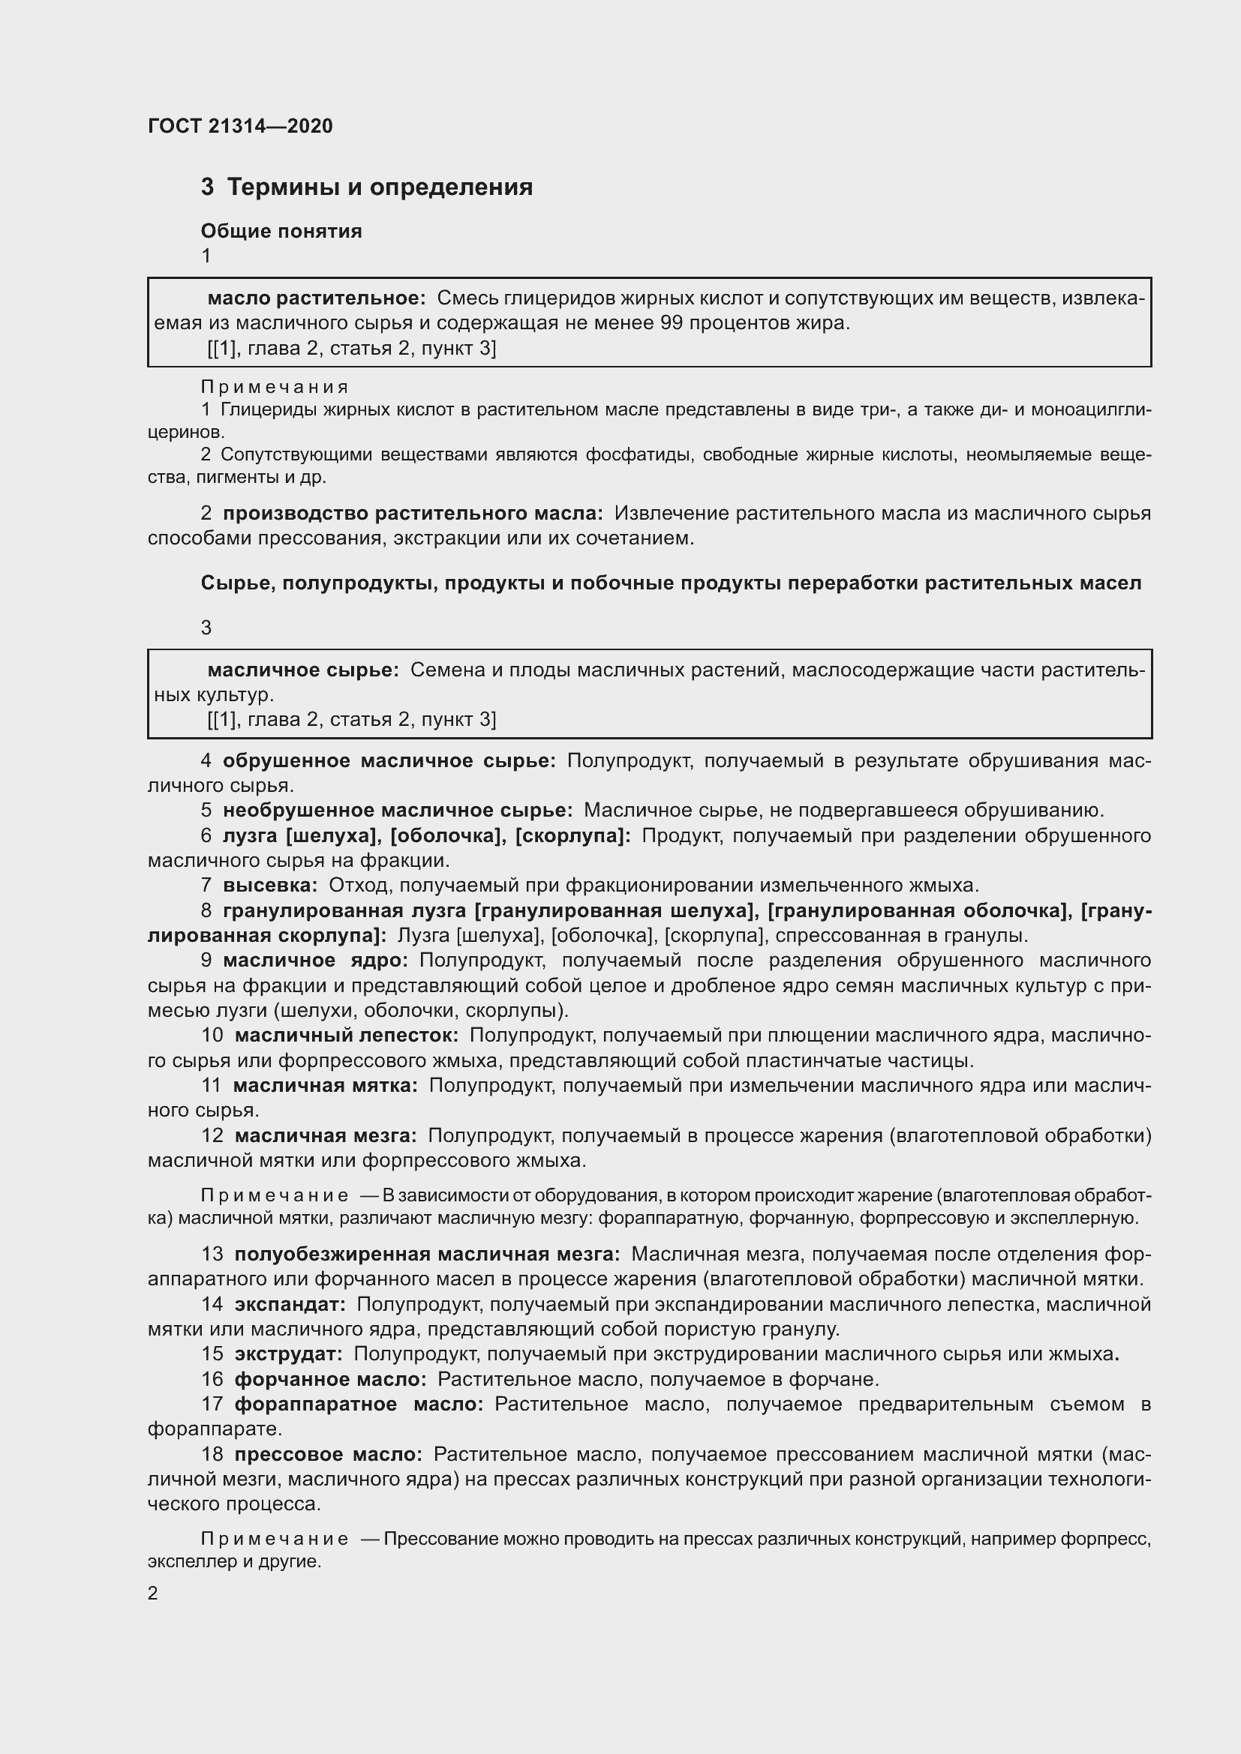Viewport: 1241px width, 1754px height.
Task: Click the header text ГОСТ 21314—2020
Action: coord(240,127)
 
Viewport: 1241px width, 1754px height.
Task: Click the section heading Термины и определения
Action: coord(379,187)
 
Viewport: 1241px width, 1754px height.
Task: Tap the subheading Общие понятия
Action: coord(281,231)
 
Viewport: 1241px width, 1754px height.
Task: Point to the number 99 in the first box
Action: coord(671,323)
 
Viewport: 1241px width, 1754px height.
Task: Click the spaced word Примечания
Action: coord(275,386)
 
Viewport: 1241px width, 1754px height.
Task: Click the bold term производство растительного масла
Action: coord(413,514)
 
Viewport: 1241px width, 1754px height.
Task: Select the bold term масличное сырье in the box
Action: coord(303,670)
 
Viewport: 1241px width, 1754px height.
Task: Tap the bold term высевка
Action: coord(270,886)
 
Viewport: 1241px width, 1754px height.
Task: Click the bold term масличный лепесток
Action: coord(346,1035)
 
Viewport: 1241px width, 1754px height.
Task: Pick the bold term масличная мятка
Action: coord(326,1085)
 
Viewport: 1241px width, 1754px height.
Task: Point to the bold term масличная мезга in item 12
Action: coord(326,1136)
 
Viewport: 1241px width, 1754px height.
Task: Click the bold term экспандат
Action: coord(290,1304)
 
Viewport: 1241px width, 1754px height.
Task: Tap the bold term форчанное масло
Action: coord(330,1379)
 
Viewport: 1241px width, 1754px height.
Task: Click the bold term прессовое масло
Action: coord(328,1454)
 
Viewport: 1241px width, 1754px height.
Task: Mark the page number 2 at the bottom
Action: coord(153,1593)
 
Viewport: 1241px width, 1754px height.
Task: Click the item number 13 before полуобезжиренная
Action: coord(212,1254)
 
